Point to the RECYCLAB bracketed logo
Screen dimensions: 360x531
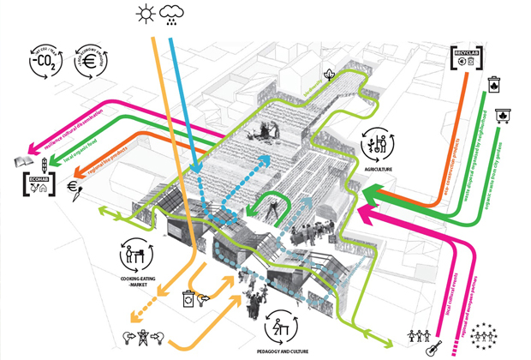468,59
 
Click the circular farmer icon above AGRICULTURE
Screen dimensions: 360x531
379,144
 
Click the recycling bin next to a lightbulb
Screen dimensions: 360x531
190,301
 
